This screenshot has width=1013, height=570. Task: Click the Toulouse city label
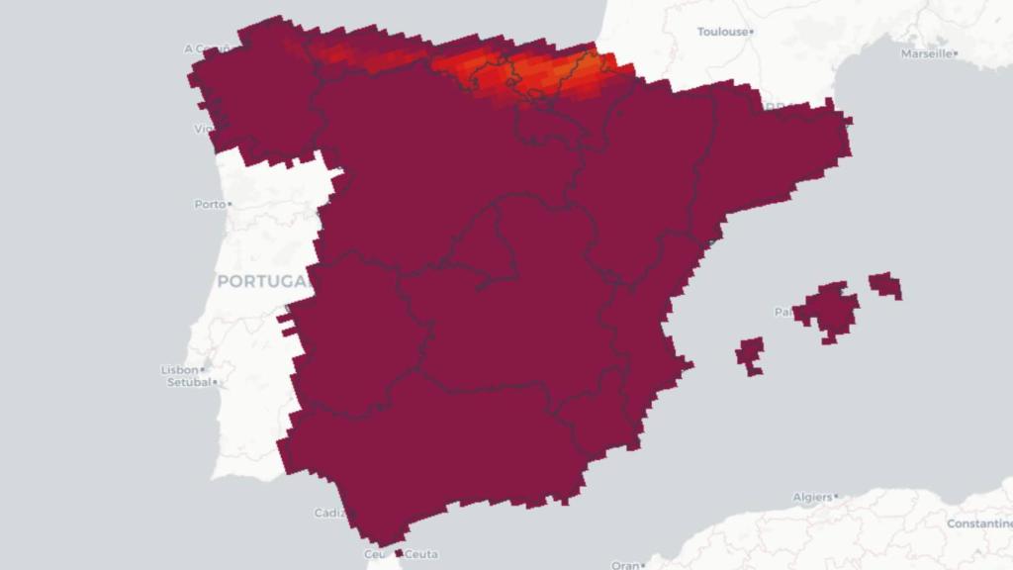722,32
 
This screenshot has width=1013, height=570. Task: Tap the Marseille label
926,53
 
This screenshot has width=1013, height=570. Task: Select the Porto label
209,204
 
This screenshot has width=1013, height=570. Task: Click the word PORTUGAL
263,282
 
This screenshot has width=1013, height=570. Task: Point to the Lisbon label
179,370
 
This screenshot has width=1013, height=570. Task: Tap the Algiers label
811,497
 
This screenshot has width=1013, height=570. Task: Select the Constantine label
978,522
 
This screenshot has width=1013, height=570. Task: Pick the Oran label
624,565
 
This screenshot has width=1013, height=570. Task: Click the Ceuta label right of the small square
422,554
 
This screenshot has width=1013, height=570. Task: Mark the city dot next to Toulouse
754,32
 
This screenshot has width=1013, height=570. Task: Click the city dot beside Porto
230,204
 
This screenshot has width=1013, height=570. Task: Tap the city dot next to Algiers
837,496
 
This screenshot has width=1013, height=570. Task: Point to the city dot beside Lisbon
203,370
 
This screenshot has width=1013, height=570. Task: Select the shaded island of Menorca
885,285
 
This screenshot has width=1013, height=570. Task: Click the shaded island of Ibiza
751,353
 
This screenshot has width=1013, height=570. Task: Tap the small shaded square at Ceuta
399,553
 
